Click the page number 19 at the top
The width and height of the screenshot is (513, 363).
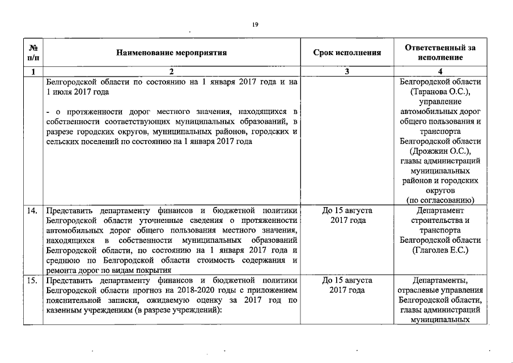pyautogui.click(x=256, y=25)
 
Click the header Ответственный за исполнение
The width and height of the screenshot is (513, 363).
pyautogui.click(x=440, y=53)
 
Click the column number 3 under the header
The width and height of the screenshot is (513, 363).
pyautogui.click(x=347, y=71)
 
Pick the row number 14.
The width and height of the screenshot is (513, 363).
pyautogui.click(x=33, y=210)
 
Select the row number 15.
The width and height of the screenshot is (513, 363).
pyautogui.click(x=33, y=280)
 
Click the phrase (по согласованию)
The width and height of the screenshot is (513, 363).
pyautogui.click(x=440, y=200)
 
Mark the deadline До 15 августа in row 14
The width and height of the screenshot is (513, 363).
pyautogui.click(x=347, y=210)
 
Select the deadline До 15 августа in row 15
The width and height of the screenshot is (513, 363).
pyautogui.click(x=347, y=280)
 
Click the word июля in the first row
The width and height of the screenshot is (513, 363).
pyautogui.click(x=63, y=92)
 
